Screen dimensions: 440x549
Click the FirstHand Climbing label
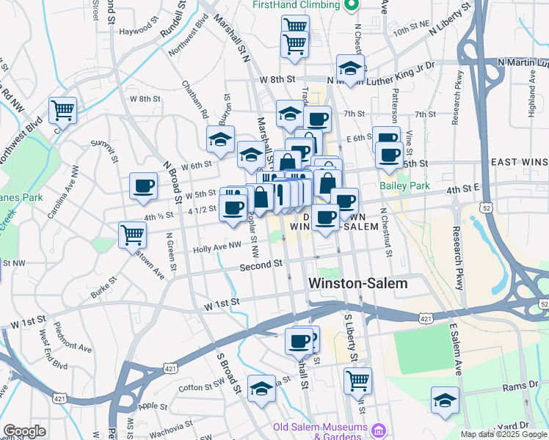(296, 4)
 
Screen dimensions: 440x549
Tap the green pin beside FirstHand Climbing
(351, 5)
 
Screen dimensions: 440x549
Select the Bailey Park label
(404, 186)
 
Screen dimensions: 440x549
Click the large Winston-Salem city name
(357, 284)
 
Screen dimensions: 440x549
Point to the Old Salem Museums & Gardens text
(319, 432)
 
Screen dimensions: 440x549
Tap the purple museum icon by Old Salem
(379, 428)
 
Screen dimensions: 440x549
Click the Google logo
(24, 431)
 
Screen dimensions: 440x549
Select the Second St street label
(261, 264)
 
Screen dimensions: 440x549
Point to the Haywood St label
(139, 32)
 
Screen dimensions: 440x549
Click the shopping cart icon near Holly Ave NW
(133, 235)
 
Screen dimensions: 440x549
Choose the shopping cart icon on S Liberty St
(357, 380)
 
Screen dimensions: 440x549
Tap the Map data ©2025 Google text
(503, 434)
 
